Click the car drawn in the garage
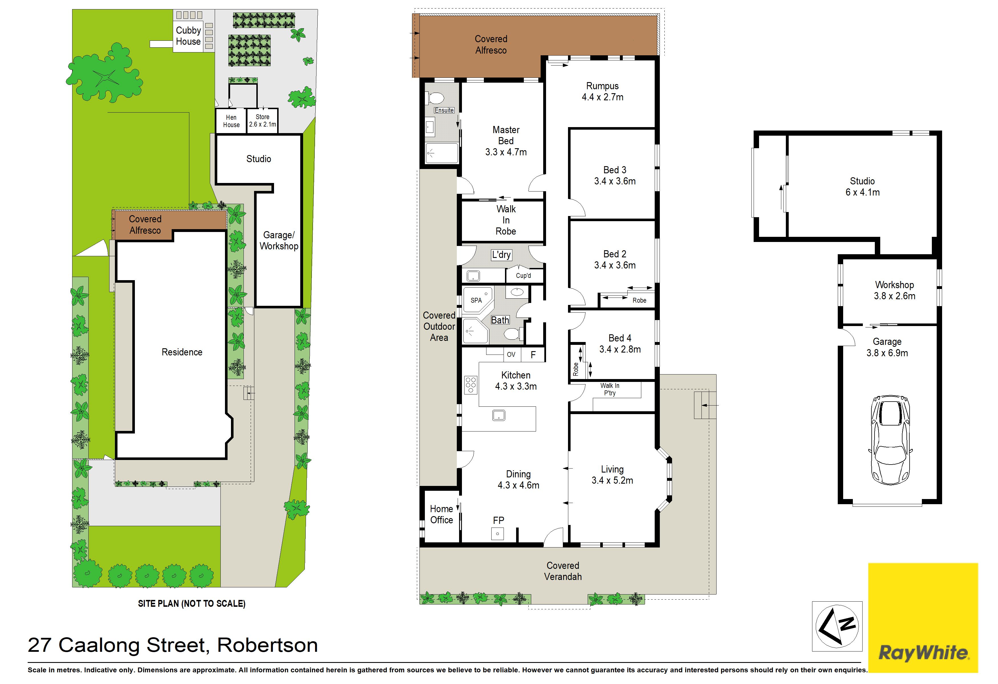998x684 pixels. [890, 440]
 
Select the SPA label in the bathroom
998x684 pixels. [476, 300]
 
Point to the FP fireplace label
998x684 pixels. [498, 520]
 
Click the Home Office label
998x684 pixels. [441, 514]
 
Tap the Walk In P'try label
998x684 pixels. [610, 389]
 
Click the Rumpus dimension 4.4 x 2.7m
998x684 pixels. [603, 97]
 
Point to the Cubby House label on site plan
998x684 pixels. [188, 36]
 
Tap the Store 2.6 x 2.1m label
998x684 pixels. [262, 121]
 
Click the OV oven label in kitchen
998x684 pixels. [511, 355]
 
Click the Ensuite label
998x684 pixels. [444, 110]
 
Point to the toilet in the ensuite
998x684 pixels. [435, 98]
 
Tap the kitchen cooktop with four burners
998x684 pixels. [471, 385]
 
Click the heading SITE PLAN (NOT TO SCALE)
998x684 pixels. [192, 603]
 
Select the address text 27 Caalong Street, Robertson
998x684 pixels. [173, 645]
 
